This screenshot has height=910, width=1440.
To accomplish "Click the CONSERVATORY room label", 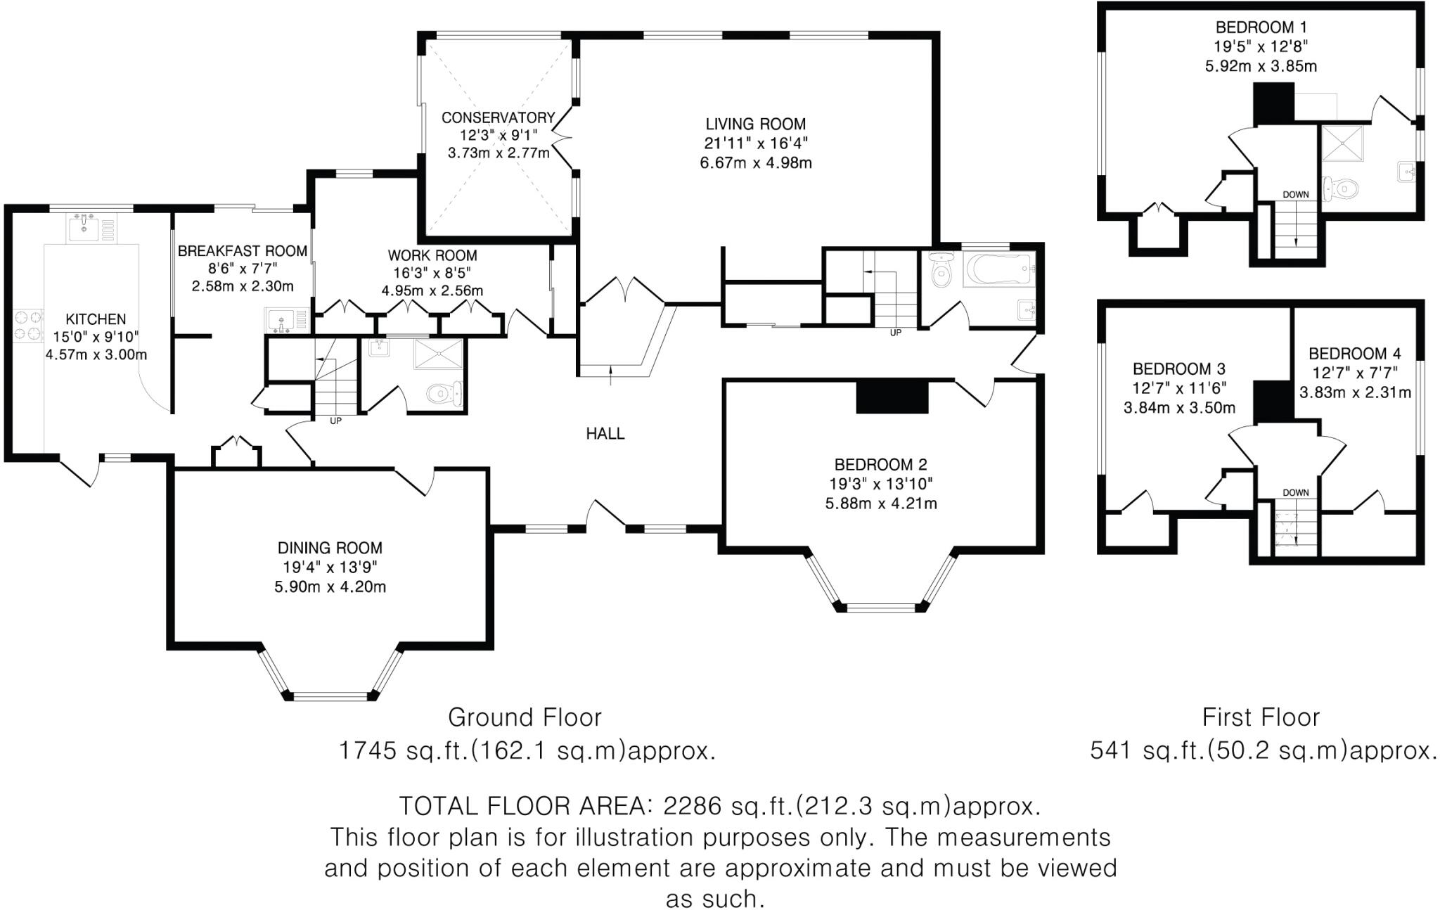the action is (498, 117).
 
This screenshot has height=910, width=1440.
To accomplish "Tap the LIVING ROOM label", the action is (755, 124).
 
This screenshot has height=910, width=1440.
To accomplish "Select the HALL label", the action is (605, 434).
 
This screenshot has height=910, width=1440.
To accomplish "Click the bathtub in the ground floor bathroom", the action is (999, 267).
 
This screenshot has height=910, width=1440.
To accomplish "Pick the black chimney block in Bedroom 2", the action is (892, 396).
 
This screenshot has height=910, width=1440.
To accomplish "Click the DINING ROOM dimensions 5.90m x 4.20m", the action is (330, 587).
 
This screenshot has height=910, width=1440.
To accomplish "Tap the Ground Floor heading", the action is (525, 718).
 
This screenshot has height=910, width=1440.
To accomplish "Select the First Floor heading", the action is (1261, 718).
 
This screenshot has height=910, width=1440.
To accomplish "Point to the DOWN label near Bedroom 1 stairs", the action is (1295, 195).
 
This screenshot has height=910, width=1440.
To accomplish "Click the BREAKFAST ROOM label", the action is (242, 251).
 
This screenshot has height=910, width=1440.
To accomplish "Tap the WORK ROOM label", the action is (432, 256).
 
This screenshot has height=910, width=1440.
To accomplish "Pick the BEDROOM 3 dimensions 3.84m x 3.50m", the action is (1179, 408).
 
